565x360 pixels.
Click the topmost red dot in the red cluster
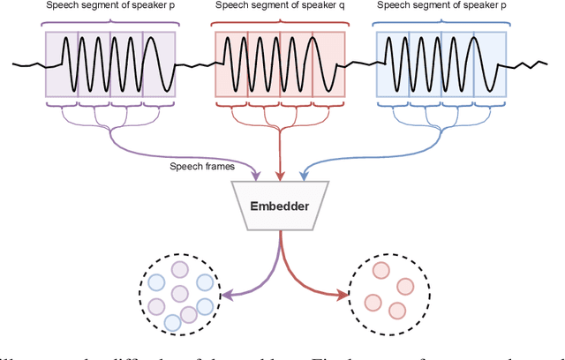381,270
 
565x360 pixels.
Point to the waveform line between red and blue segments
360,64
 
